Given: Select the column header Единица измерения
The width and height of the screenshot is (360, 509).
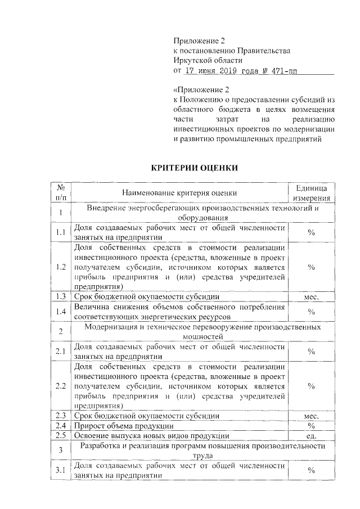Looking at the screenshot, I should pos(310,192).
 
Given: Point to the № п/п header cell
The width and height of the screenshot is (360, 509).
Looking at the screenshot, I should pos(60,192).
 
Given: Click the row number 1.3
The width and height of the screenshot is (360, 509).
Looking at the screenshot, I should pos(61,296).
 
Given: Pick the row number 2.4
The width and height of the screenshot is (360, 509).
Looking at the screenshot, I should pos(61,425).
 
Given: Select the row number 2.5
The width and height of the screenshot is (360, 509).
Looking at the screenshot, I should pos(61,435).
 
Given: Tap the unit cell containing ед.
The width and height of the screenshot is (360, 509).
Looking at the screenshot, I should pos(311,435).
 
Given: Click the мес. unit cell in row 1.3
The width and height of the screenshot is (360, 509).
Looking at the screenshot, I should pos(311,296).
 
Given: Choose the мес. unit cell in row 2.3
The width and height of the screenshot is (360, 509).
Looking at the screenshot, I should pos(311,416).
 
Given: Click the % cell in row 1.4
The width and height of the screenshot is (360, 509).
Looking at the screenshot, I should pos(311,311).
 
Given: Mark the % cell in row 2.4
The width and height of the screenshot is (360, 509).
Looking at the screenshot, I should pos(311,425).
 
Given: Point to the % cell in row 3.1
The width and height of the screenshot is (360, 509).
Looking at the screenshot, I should pos(311,471).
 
